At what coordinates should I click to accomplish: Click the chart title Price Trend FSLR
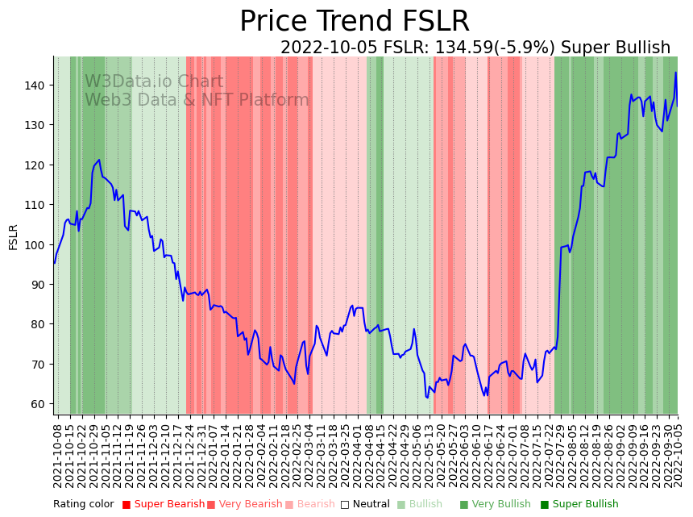click(355, 22)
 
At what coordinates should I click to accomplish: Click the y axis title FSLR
click(14, 237)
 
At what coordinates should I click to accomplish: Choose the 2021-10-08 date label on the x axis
click(57, 456)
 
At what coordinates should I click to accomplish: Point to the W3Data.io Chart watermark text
click(154, 81)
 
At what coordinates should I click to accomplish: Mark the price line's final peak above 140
click(675, 73)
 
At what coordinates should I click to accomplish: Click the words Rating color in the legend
click(84, 505)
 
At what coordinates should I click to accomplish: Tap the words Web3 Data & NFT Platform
click(197, 100)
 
